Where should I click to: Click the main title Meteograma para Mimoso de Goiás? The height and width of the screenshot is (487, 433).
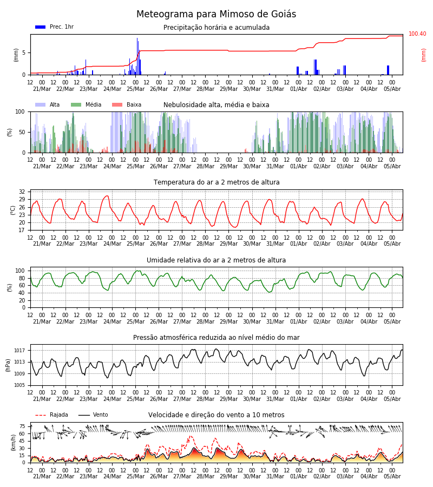coord(216,14)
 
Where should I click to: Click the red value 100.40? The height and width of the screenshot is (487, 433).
coord(417,34)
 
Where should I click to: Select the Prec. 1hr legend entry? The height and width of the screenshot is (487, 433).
coord(54,27)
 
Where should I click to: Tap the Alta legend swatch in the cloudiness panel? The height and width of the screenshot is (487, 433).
coord(41,104)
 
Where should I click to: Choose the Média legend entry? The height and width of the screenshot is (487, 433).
coord(86,104)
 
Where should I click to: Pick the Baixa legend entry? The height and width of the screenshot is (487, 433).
coord(127,104)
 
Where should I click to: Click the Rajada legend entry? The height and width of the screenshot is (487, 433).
coord(51,414)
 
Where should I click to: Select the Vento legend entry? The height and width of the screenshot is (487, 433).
coord(93,414)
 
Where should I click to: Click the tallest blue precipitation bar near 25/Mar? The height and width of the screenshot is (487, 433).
coord(137,56)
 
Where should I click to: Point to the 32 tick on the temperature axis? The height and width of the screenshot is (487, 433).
coord(22,192)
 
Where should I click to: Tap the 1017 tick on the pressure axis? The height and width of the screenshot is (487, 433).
coord(19,351)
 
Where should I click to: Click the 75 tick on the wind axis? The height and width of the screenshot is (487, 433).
coord(22,426)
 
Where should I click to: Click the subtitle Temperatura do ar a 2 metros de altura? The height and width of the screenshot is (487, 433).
coord(216,182)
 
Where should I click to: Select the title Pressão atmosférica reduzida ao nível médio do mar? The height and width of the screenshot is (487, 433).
coord(216,337)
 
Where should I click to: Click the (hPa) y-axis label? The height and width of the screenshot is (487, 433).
coord(8,365)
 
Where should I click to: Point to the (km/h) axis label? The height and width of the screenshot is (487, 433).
coord(13,443)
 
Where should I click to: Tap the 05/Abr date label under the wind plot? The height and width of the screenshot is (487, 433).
coord(392,476)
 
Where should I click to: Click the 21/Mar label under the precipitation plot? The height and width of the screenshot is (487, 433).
coord(42,89)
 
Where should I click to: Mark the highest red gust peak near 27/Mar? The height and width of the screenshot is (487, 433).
coord(190,436)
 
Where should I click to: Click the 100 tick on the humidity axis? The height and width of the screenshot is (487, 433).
coord(20,271)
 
